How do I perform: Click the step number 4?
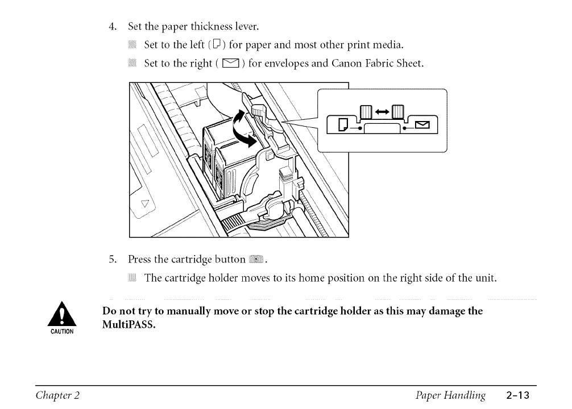point(113,26)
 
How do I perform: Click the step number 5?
point(113,261)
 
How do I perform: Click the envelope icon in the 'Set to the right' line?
point(234,64)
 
